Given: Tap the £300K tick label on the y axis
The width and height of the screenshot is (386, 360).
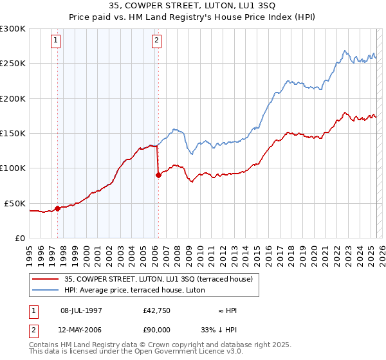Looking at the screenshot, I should tap(13, 29).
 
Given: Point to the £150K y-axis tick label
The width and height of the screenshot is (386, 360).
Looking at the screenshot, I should tap(13, 134).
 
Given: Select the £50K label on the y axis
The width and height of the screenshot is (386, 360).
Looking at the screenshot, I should tap(15, 203).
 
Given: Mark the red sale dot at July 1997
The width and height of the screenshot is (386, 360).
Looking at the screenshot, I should tap(57, 208).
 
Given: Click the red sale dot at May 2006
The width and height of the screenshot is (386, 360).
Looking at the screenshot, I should tap(158, 175).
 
